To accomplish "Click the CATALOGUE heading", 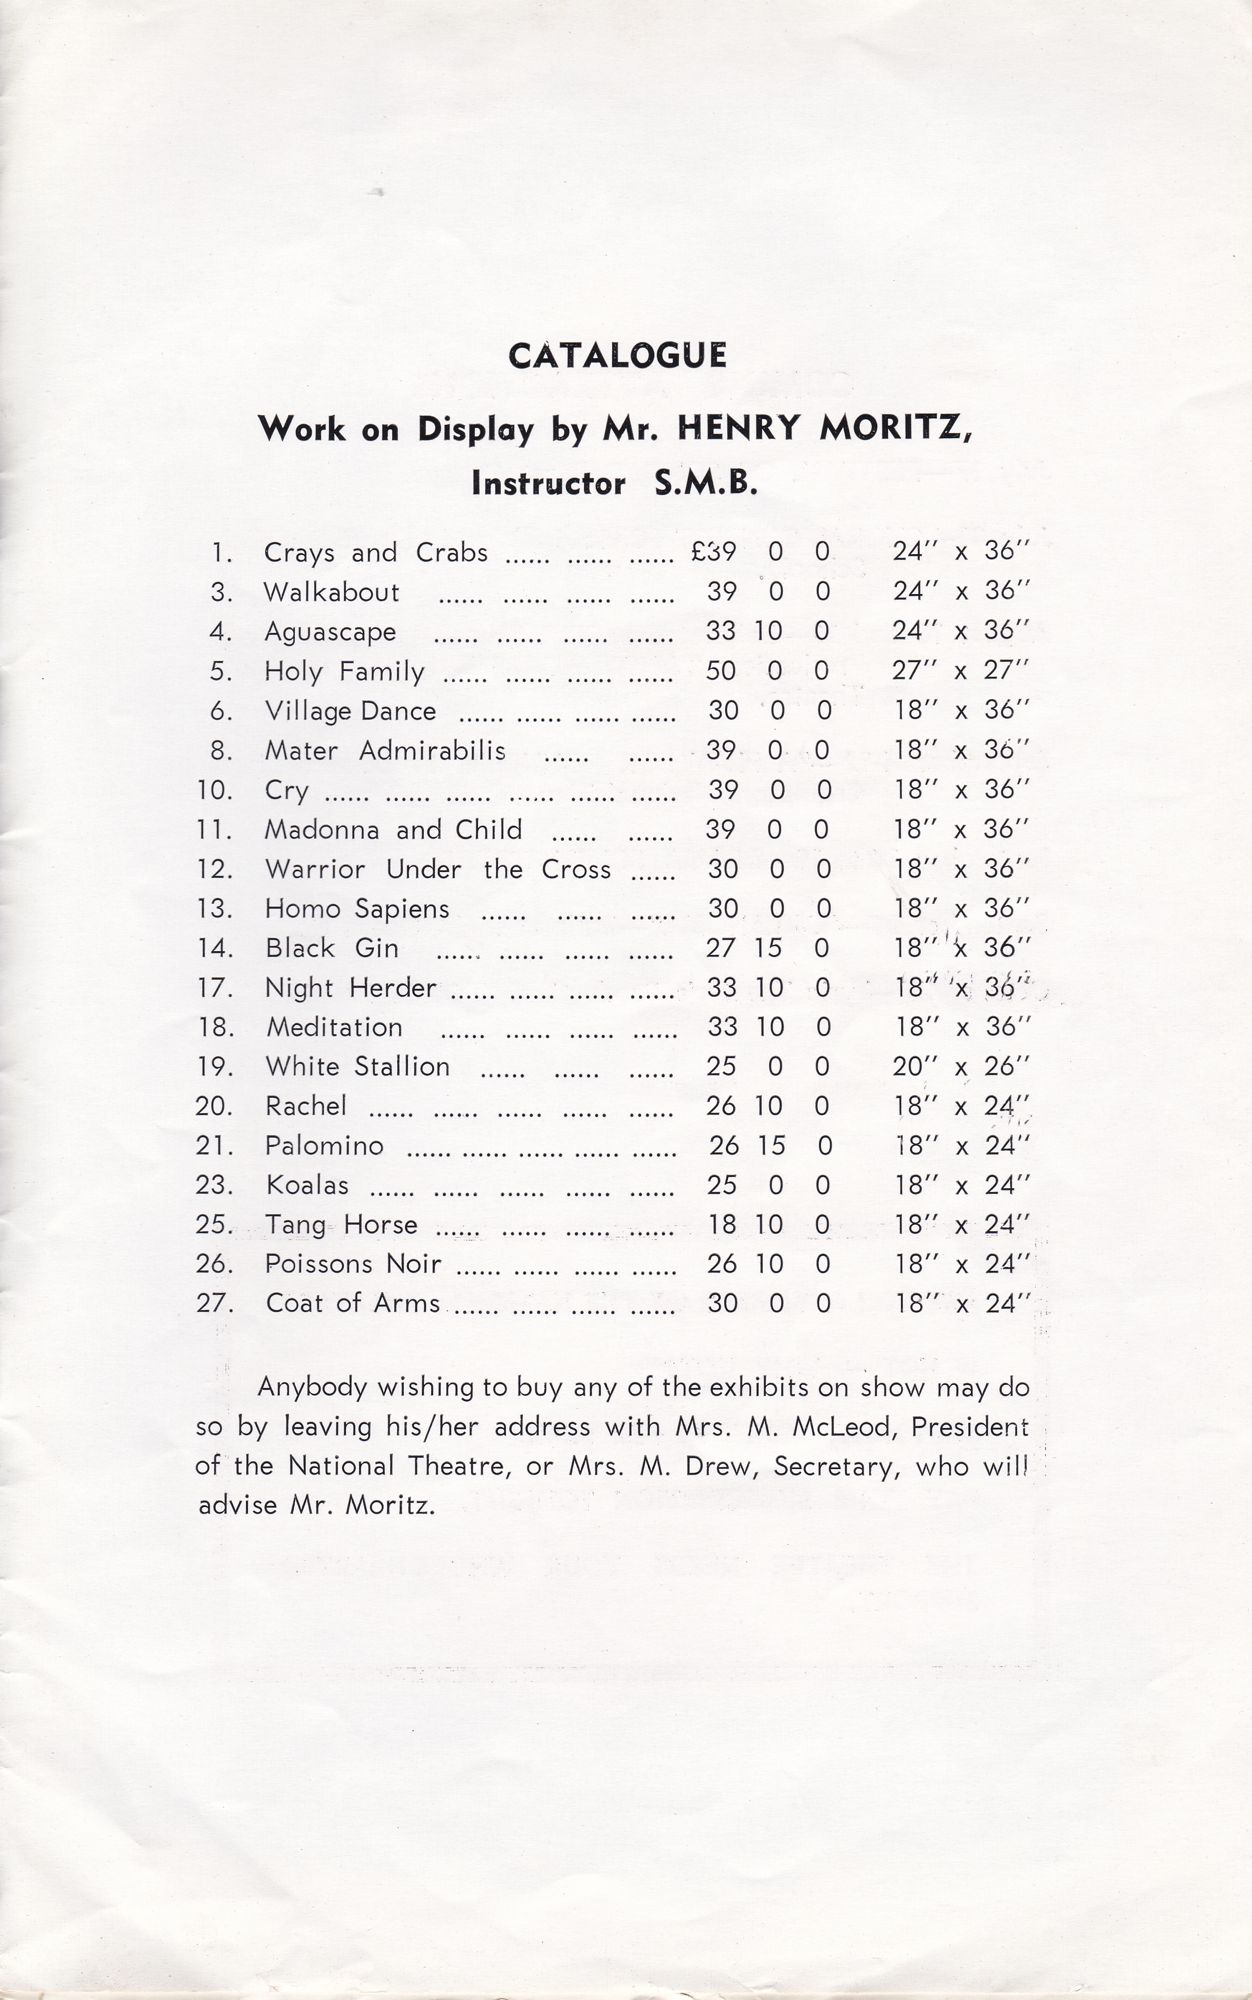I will pyautogui.click(x=617, y=355).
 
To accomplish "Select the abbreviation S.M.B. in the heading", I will pyautogui.click(x=706, y=483).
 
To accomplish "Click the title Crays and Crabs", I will pyautogui.click(x=375, y=553).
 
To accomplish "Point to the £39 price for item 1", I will pyautogui.click(x=714, y=551).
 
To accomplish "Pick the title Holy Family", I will pyautogui.click(x=344, y=671).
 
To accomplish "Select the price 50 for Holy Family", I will pyautogui.click(x=720, y=671).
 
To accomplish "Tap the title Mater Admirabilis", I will pyautogui.click(x=385, y=750).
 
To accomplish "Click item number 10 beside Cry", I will pyautogui.click(x=214, y=790).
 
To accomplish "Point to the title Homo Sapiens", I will pyautogui.click(x=357, y=909).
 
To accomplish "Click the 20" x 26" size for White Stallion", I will pyautogui.click(x=960, y=1067).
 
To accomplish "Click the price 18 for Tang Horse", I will pyautogui.click(x=722, y=1225).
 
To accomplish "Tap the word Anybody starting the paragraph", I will pyautogui.click(x=312, y=1387).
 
